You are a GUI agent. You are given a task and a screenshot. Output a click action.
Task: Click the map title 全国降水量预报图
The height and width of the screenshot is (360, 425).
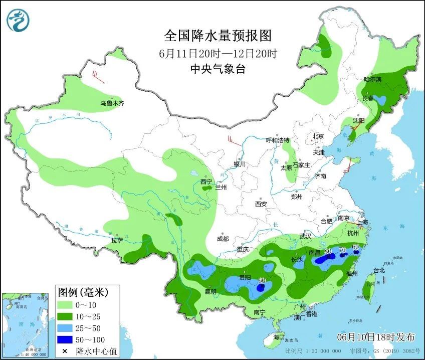pyautogui.click(x=218, y=36)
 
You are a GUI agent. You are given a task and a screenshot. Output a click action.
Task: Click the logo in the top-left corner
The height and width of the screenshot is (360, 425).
pyautogui.click(x=18, y=20)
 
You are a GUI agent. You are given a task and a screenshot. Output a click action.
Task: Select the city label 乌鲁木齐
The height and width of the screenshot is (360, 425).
pyautogui.click(x=112, y=103)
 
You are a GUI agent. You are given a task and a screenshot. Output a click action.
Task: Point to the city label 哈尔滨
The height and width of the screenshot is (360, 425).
pyautogui.click(x=372, y=79)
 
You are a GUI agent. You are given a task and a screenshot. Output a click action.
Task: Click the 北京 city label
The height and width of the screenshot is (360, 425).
pyautogui.click(x=318, y=136)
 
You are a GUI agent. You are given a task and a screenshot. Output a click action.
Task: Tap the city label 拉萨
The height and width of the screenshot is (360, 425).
pyautogui.click(x=117, y=240)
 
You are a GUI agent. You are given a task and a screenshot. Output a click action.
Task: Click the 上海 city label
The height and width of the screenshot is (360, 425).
pyautogui.click(x=362, y=222)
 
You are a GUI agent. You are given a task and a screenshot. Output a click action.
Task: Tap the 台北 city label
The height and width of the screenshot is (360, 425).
pyautogui.click(x=379, y=270)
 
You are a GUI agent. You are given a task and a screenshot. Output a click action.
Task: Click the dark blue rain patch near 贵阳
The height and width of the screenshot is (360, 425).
pyautogui.click(x=260, y=288)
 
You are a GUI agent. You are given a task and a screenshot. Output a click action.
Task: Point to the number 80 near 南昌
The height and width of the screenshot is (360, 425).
pyautogui.click(x=328, y=251)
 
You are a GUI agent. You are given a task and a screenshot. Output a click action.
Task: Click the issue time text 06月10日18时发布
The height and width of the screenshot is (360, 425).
pyautogui.click(x=376, y=335)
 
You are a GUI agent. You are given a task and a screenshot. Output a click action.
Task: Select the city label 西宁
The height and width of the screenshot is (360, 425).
pyautogui.click(x=206, y=182)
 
